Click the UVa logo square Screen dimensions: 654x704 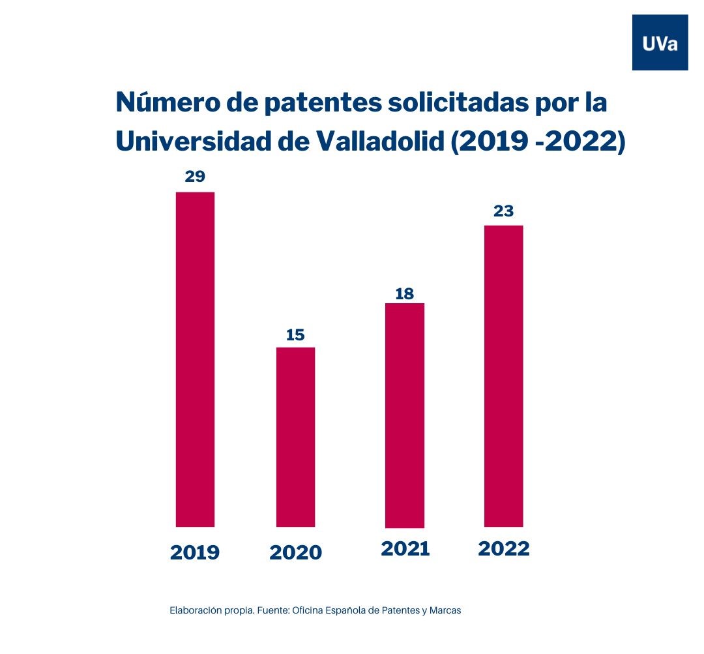coord(660,42)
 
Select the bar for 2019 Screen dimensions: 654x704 coord(195,359)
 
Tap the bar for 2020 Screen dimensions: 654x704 coord(295,436)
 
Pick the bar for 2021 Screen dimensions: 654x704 coord(405,415)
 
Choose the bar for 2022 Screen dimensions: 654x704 coord(503,376)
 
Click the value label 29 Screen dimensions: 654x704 coord(195,176)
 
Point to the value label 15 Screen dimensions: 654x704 coord(295,335)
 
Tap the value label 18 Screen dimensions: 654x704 coord(405,293)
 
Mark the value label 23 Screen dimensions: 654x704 coord(503,211)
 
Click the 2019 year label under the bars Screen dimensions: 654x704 coord(195,553)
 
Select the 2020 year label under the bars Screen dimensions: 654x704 coord(295,553)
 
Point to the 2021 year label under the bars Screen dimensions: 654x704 coord(405,549)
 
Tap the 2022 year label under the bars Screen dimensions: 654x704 coord(503,549)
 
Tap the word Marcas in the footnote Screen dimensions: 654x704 coord(445,611)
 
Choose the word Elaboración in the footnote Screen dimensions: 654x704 coord(194,611)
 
